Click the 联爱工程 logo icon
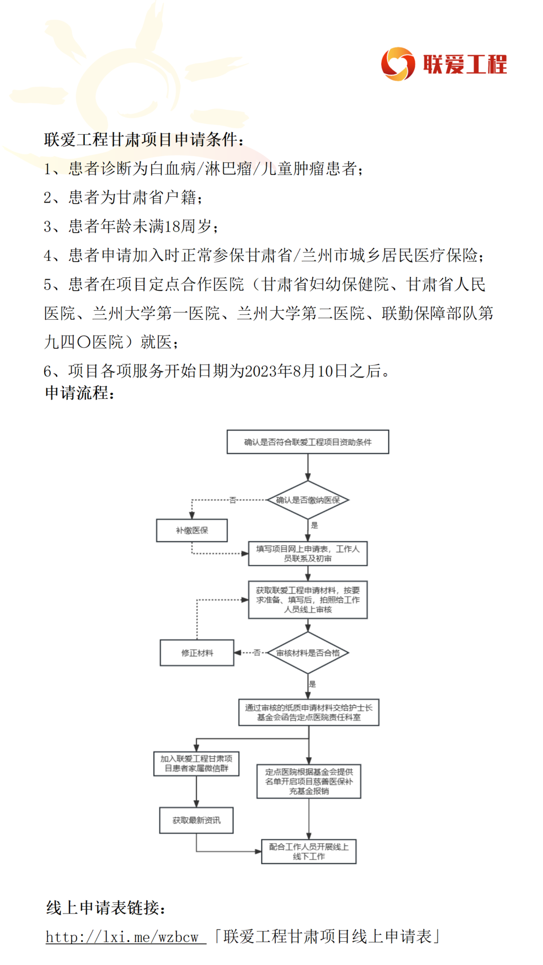coord(398,64)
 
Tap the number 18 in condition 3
coord(173,226)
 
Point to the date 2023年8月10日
coord(289,371)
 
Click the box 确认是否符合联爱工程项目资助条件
coord(308,442)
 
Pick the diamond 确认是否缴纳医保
coord(308,500)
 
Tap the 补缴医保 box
coord(192,530)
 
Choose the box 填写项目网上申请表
coord(308,554)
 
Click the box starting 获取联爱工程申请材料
coord(308,600)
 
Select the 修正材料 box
coord(197,653)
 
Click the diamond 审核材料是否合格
coord(308,653)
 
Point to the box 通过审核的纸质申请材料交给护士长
coord(309,712)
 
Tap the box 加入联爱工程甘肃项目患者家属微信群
coord(196,764)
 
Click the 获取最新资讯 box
coord(196,820)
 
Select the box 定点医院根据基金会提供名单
coord(309,781)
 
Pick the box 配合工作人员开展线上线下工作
coord(309,852)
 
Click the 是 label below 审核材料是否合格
coord(312,684)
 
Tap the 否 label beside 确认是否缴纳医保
coord(232,500)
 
